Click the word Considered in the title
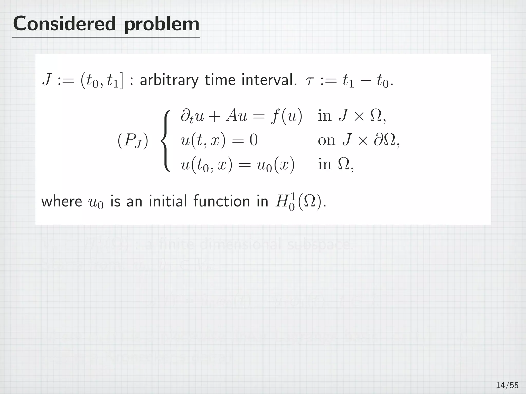(64, 24)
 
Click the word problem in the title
(162, 25)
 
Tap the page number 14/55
(507, 385)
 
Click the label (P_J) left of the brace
(133, 141)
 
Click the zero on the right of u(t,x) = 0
(253, 141)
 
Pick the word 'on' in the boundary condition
(326, 141)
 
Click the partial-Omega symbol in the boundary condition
(384, 141)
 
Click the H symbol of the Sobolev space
(281, 201)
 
